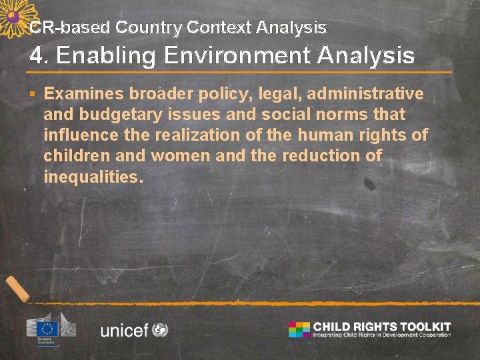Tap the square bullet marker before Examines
click(x=34, y=93)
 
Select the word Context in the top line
click(x=217, y=28)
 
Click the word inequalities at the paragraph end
click(x=93, y=177)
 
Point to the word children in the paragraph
click(x=73, y=156)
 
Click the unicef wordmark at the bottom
click(x=124, y=329)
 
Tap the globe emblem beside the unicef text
click(x=160, y=329)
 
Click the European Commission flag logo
click(x=48, y=327)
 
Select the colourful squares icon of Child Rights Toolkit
click(x=299, y=329)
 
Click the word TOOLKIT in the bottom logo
click(x=425, y=326)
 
